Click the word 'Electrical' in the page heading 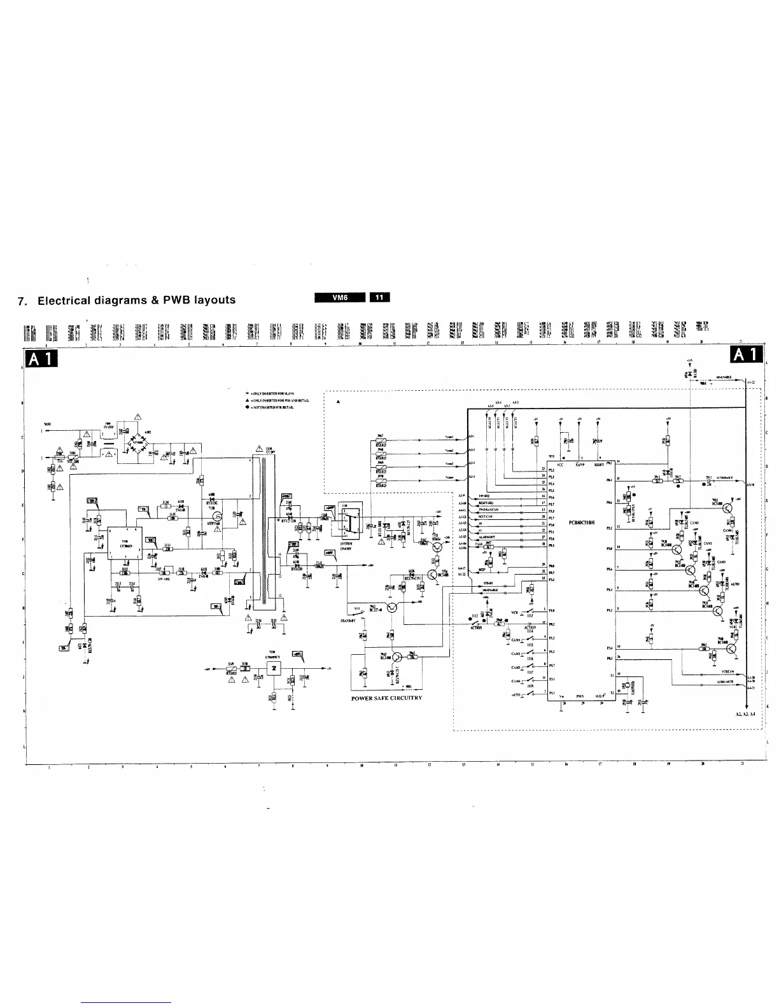(66, 300)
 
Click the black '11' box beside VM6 (379, 297)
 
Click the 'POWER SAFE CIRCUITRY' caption (386, 698)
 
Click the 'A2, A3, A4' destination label (744, 715)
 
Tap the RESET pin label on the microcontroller (599, 465)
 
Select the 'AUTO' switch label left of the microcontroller (516, 696)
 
